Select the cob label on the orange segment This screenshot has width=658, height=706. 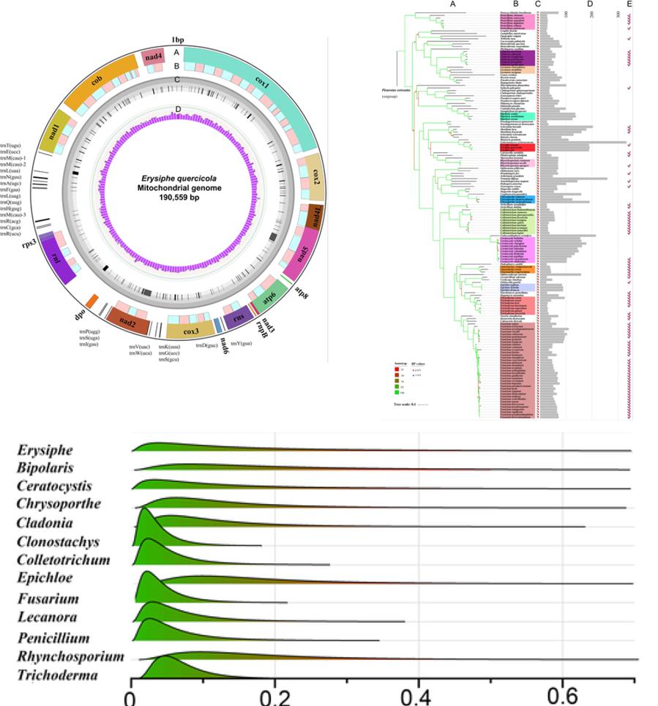point(97,82)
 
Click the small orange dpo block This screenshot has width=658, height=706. point(91,300)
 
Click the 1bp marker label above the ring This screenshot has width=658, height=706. point(177,39)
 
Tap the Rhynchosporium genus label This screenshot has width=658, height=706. point(70,656)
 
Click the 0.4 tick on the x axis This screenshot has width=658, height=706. point(419,694)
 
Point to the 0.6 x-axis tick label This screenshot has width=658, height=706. point(562,694)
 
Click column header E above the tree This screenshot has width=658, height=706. point(629,5)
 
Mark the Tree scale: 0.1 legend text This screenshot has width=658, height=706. point(404,403)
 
